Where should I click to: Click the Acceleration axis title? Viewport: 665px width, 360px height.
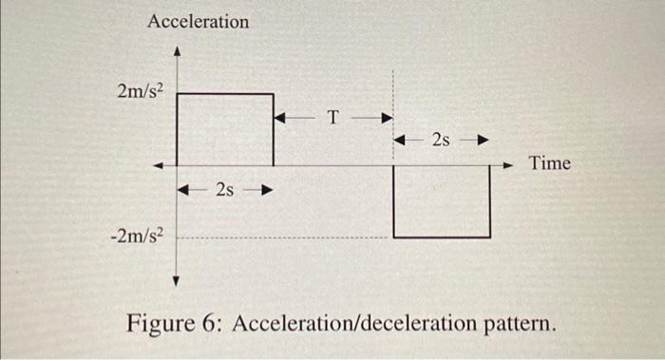(x=199, y=21)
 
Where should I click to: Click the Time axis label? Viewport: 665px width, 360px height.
(x=550, y=163)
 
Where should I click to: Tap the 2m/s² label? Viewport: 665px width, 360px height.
(x=141, y=92)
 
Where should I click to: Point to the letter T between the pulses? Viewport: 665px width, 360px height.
(x=332, y=119)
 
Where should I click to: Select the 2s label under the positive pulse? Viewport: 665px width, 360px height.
(x=225, y=190)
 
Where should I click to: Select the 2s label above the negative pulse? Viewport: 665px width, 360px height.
(x=441, y=142)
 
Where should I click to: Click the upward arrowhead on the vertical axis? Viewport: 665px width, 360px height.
(x=177, y=54)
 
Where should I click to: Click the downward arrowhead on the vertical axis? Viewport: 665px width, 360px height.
(x=177, y=280)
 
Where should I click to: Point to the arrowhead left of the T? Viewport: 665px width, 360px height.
(x=279, y=119)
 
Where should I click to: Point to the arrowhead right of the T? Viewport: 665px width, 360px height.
(x=387, y=119)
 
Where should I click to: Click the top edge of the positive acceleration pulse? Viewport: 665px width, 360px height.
(x=225, y=94)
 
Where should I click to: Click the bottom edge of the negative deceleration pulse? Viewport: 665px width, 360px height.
(x=442, y=237)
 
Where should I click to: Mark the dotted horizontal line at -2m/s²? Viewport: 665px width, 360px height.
(x=285, y=237)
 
